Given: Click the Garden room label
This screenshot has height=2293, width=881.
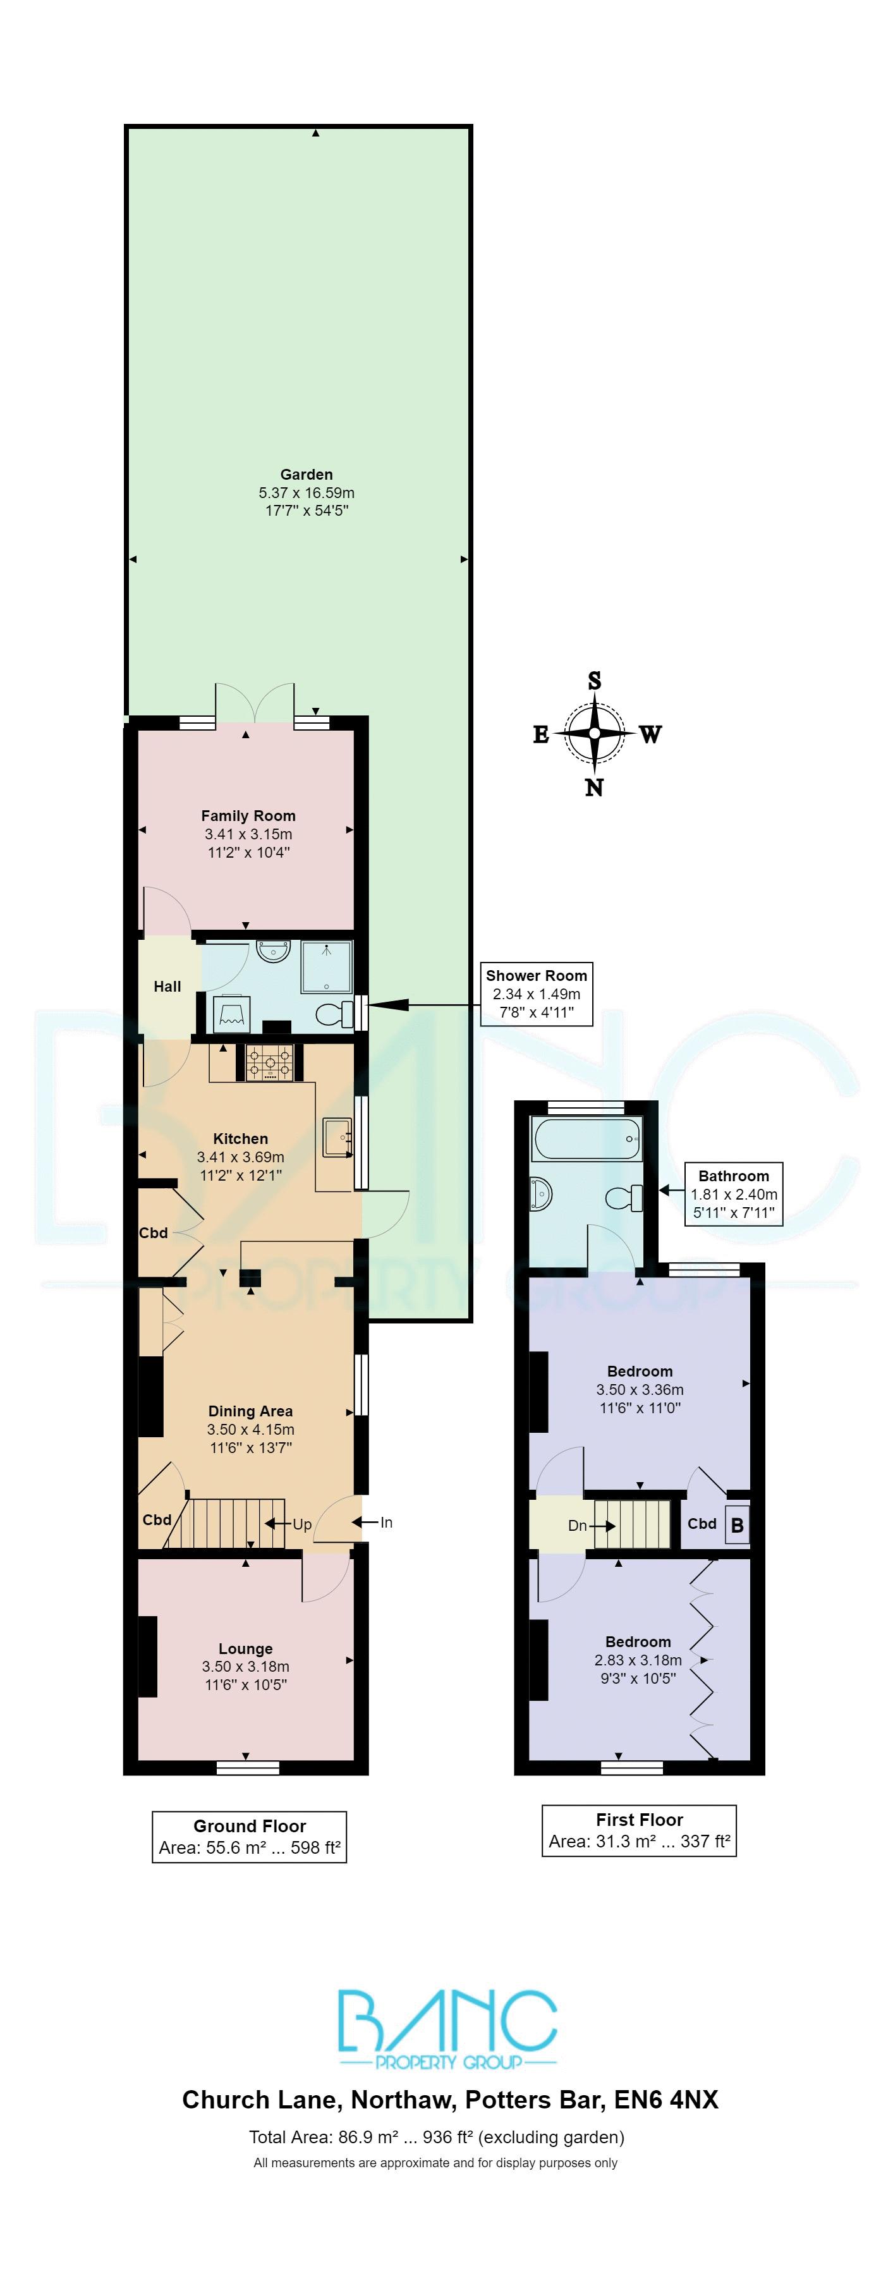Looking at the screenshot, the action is pos(306,475).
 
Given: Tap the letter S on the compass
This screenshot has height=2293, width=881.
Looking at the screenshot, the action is pos(595,681).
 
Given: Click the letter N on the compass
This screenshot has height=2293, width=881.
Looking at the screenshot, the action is pos(593,787).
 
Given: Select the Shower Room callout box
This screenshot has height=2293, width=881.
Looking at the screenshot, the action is pos(536,994).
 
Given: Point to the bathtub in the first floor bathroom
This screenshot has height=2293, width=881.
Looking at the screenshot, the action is pos(586,1138).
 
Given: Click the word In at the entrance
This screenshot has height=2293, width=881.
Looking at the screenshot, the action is pos(386,1522).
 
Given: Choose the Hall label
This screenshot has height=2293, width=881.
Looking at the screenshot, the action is pos(167,986).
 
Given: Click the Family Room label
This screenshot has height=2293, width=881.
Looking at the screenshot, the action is pos(248,815).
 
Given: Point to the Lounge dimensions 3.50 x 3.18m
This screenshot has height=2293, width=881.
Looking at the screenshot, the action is pos(246,1666).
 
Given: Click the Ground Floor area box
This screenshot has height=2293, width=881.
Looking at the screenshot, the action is pos(249,1836).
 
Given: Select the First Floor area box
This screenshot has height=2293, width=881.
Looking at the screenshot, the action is pos(639,1830).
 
